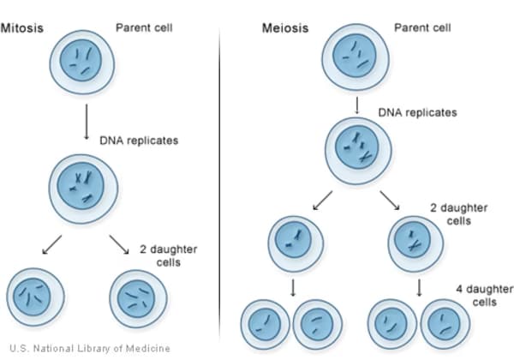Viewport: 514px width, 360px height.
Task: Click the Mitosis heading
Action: pyautogui.click(x=22, y=28)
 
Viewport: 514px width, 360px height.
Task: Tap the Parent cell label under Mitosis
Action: pyautogui.click(x=145, y=27)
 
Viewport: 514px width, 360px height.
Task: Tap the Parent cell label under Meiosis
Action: pyautogui.click(x=422, y=27)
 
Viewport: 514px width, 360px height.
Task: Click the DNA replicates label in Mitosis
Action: pyautogui.click(x=139, y=140)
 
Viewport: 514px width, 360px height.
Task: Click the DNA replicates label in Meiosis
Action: pyautogui.click(x=417, y=112)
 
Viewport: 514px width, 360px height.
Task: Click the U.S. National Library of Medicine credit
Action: pyautogui.click(x=89, y=348)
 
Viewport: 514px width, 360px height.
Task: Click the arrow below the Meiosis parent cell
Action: pyautogui.click(x=356, y=104)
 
